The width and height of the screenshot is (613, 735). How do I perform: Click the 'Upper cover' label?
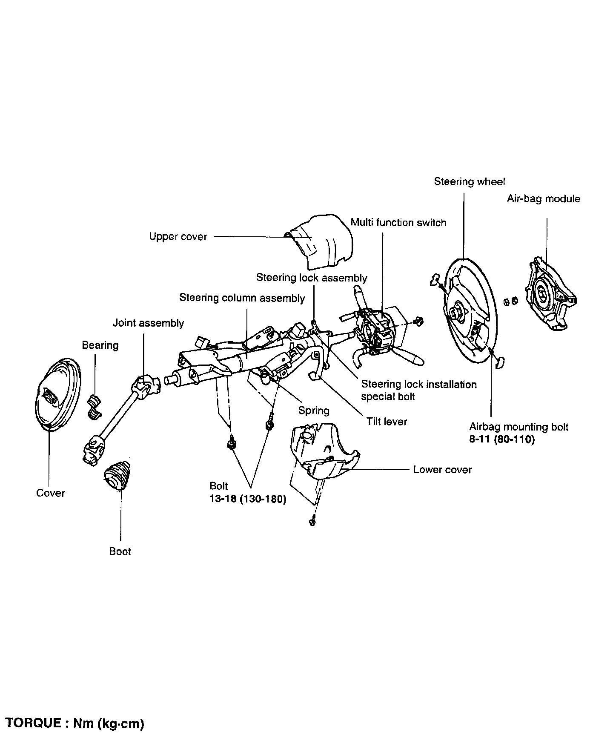pyautogui.click(x=178, y=237)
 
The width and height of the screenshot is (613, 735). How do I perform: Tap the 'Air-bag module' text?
pyautogui.click(x=543, y=199)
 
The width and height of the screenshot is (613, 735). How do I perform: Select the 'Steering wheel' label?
pyautogui.click(x=469, y=182)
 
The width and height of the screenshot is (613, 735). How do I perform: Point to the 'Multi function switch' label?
pyautogui.click(x=398, y=223)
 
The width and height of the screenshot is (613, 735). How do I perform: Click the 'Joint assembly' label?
pyautogui.click(x=148, y=323)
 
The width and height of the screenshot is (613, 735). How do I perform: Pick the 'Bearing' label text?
pyautogui.click(x=100, y=345)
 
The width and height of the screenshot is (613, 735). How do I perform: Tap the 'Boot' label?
pyautogui.click(x=120, y=551)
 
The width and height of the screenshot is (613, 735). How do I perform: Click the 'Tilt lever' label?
pyautogui.click(x=387, y=422)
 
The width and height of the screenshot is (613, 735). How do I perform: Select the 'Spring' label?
pyautogui.click(x=314, y=411)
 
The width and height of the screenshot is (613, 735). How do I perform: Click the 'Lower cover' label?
pyautogui.click(x=443, y=470)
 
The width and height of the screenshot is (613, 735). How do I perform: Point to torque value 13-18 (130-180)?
pyautogui.click(x=248, y=499)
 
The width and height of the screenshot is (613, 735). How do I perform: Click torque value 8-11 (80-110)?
pyautogui.click(x=501, y=439)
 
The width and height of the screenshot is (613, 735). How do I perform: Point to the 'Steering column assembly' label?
pyautogui.click(x=242, y=298)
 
